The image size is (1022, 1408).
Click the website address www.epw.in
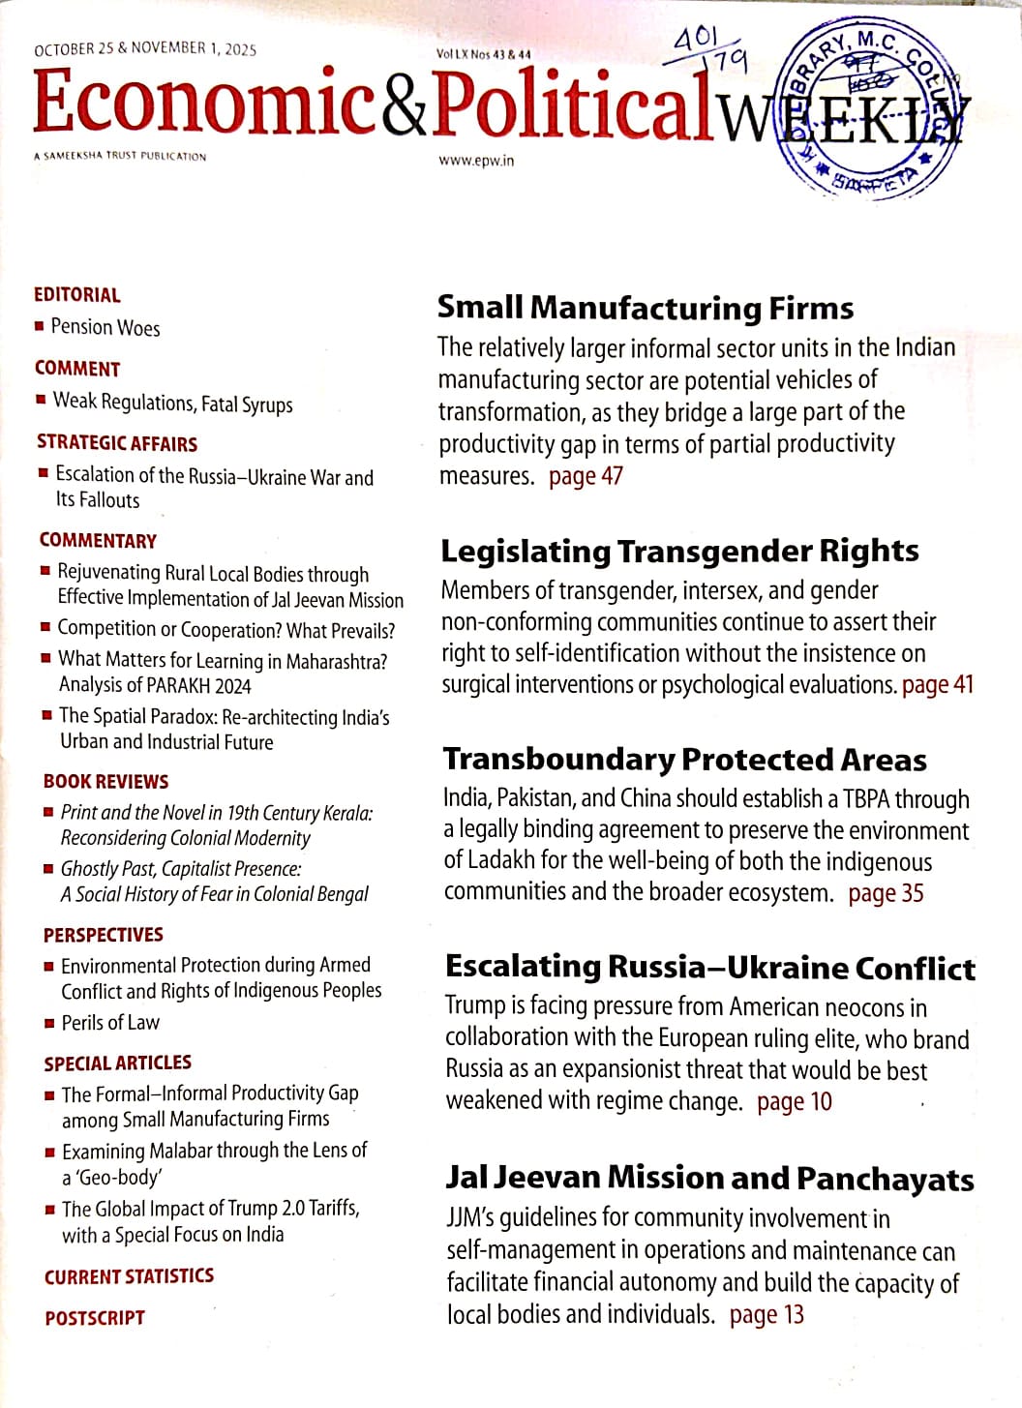coord(475,161)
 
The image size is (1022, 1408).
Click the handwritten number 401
coord(695,40)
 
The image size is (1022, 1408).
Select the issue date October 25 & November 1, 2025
coord(145,49)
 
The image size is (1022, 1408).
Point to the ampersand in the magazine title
coord(403,106)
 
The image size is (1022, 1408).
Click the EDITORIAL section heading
coord(77,295)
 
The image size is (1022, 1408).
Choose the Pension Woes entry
coord(105,327)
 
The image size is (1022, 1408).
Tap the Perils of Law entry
coord(110,1023)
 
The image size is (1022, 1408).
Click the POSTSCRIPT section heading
coord(95,1318)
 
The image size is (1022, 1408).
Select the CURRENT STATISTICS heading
coord(129,1276)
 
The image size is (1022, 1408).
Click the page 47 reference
coord(586,476)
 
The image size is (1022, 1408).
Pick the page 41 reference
coord(937,685)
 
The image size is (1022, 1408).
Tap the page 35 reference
coord(886,893)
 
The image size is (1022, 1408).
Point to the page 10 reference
coord(794,1101)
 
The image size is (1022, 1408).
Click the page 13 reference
coord(766,1314)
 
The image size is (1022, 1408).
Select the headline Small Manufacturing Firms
coord(646,308)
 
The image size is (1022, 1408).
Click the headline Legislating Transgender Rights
coord(679,551)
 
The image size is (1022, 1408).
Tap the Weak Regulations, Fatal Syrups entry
coord(172,403)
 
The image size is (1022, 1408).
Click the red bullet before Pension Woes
coord(39,326)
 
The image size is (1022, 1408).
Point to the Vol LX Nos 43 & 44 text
coord(484,55)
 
